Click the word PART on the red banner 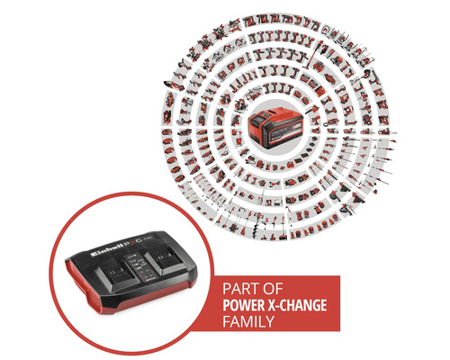240,292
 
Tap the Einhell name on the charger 109,243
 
